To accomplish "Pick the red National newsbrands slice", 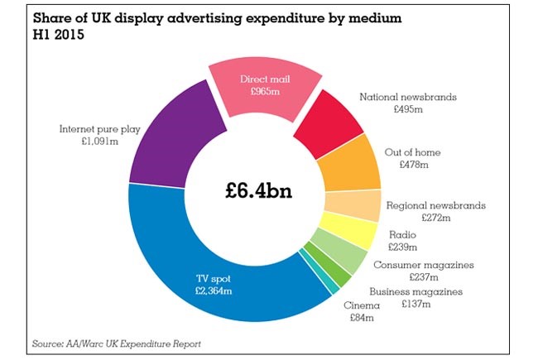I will [x=330, y=120].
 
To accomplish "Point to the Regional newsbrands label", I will [x=435, y=205].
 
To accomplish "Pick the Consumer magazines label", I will [x=423, y=265].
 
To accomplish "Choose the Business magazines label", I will [x=416, y=292].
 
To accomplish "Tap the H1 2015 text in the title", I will [x=60, y=36].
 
